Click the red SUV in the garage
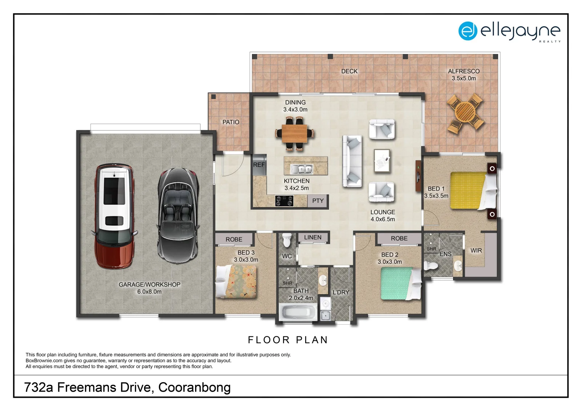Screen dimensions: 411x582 pos(114,216)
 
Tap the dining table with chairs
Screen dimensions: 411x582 pos(295,134)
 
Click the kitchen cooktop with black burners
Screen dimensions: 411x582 pos(284,201)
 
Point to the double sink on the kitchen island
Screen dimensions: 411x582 pos(301,169)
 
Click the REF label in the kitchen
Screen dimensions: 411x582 pos(259,165)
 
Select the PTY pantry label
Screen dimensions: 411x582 pos(318,201)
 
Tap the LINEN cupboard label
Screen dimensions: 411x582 pos(313,237)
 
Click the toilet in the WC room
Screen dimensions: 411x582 pos(287,240)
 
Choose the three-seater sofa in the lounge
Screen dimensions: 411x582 pos(352,161)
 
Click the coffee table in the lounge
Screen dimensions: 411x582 pos(382,161)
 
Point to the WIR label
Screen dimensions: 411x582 pos(476,250)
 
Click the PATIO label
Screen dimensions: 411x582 pos(231,122)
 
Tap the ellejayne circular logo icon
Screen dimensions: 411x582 pos(468,31)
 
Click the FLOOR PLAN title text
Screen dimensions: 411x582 pos(288,340)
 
